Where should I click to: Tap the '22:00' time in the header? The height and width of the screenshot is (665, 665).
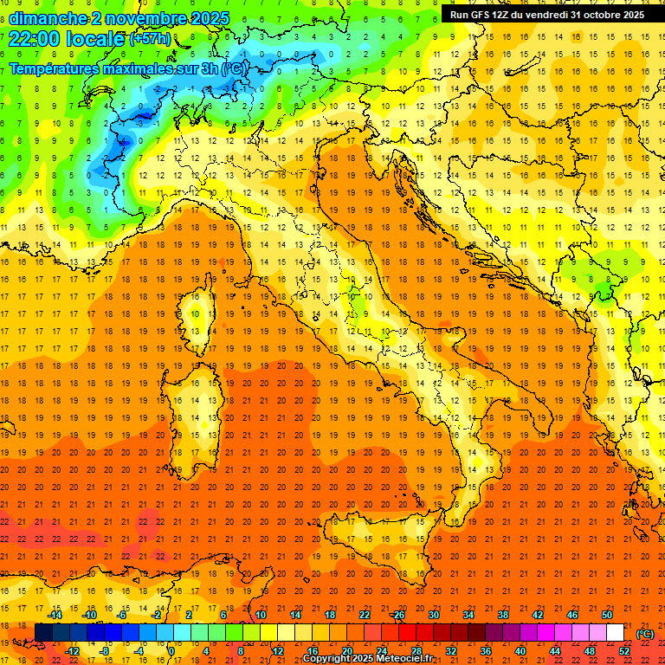tap(34, 39)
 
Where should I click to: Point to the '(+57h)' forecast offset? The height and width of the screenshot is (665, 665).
tap(150, 39)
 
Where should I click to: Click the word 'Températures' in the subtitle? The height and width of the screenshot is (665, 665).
tap(55, 68)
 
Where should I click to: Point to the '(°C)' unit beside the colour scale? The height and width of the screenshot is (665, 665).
tap(645, 634)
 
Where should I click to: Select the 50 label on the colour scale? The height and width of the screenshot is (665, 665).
tap(607, 615)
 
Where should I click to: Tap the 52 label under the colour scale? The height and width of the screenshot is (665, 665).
tap(624, 651)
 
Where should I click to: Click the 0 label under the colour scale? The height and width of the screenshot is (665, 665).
tap(171, 651)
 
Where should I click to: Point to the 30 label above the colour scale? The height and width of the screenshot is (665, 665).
tap(434, 615)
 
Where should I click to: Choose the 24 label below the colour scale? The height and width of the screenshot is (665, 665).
tap(381, 651)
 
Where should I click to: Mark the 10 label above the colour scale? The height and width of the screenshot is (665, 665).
tap(261, 615)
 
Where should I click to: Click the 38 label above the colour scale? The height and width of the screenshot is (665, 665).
tap(503, 615)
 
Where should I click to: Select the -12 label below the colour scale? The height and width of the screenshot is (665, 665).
tap(73, 651)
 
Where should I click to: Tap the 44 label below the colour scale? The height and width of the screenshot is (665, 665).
tap(555, 651)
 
